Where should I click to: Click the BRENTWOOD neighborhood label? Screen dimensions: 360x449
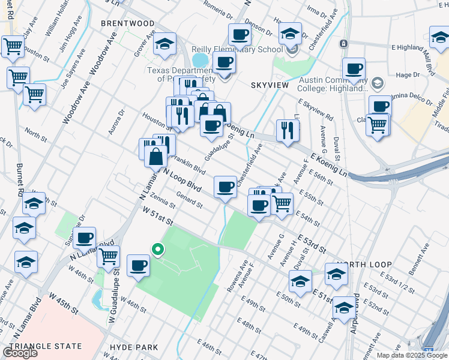(x=127, y=23)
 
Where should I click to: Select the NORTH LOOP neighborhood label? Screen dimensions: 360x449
(x=364, y=265)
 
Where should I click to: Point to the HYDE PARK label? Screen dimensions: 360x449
(x=134, y=347)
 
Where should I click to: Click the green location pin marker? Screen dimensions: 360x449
(x=157, y=249)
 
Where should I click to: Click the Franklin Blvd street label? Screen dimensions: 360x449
(x=189, y=164)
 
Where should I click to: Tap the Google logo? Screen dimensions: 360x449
(x=20, y=353)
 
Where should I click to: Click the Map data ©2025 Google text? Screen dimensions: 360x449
(x=411, y=355)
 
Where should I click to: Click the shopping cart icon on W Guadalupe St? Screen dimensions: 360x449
(x=108, y=256)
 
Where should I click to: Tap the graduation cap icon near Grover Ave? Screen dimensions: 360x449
(x=164, y=43)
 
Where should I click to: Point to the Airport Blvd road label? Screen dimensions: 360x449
(x=356, y=312)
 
